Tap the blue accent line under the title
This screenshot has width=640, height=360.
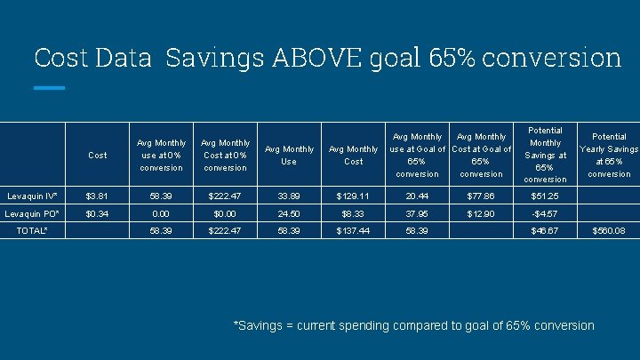[49, 88]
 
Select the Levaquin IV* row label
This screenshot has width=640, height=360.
[31, 195]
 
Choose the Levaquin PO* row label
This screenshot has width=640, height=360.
[31, 214]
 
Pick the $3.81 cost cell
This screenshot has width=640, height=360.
[97, 195]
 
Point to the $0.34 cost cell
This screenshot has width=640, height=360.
[97, 214]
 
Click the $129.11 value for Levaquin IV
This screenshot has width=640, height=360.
[353, 195]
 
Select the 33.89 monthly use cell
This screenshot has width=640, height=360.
[289, 195]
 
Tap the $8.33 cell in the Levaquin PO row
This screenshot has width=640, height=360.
[353, 214]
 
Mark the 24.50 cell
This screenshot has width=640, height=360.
[289, 214]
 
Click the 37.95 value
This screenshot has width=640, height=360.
[416, 214]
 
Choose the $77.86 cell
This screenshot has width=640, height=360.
[481, 195]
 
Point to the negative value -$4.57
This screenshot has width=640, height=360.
[544, 214]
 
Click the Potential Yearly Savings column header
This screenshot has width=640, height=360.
[608, 155]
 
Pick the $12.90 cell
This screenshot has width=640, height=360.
[481, 214]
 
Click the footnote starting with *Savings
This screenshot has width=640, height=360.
[413, 325]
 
